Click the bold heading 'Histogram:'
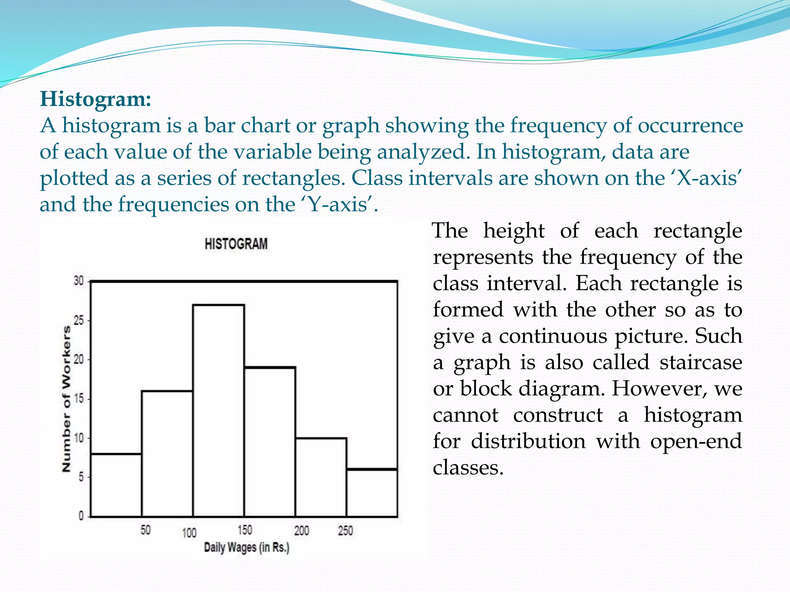point(95,99)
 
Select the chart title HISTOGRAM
point(236,244)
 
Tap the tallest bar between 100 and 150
point(218,410)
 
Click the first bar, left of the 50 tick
point(116,485)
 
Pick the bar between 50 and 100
point(167,454)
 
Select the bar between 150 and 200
point(270,442)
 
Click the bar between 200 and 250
point(321,477)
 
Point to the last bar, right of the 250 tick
point(372,493)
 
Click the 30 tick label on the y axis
point(79,281)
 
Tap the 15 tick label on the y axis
point(79,399)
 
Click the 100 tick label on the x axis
point(189,533)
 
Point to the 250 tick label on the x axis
point(345,531)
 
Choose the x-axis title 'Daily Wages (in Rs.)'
point(246,547)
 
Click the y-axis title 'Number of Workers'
point(66,399)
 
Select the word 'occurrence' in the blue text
point(690,126)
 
